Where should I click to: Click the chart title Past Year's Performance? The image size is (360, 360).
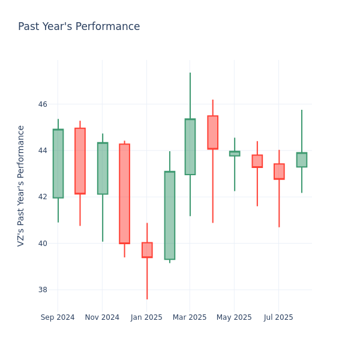(79, 27)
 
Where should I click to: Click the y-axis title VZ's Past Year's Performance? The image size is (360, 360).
(21, 185)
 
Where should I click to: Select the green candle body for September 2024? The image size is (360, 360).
(58, 163)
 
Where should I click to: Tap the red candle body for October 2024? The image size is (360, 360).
(80, 161)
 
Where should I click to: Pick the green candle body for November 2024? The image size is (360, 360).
(103, 168)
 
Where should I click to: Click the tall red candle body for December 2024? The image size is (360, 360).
(124, 193)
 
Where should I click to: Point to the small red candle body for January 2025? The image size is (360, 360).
(147, 250)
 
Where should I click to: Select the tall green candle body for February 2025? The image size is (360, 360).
(170, 215)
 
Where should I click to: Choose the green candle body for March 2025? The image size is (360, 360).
(190, 146)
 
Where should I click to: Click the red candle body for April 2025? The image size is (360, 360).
(212, 132)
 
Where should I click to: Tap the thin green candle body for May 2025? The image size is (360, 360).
(235, 154)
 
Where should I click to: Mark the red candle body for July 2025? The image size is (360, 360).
(279, 171)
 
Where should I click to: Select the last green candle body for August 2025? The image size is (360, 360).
(302, 160)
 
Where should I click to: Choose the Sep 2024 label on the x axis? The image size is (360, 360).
(58, 317)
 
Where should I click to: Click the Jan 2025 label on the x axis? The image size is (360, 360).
(146, 317)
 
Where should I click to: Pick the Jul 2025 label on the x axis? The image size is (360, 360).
(278, 317)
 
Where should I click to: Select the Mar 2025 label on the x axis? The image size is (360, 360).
(190, 317)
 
